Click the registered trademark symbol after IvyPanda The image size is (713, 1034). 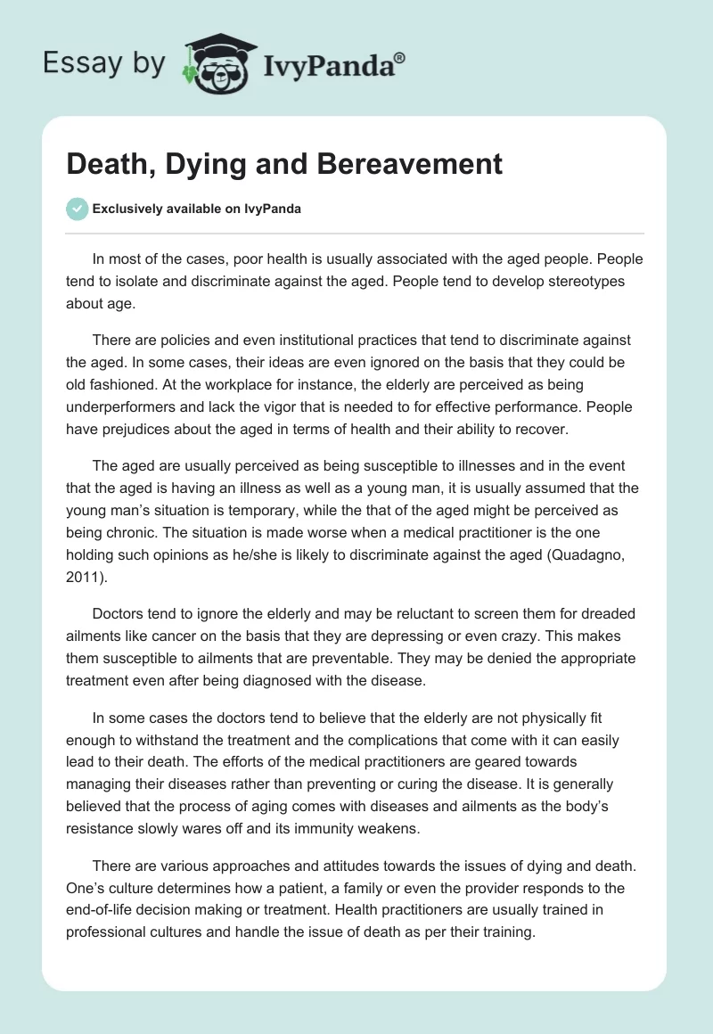(400, 59)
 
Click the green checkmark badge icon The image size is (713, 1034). (77, 209)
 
